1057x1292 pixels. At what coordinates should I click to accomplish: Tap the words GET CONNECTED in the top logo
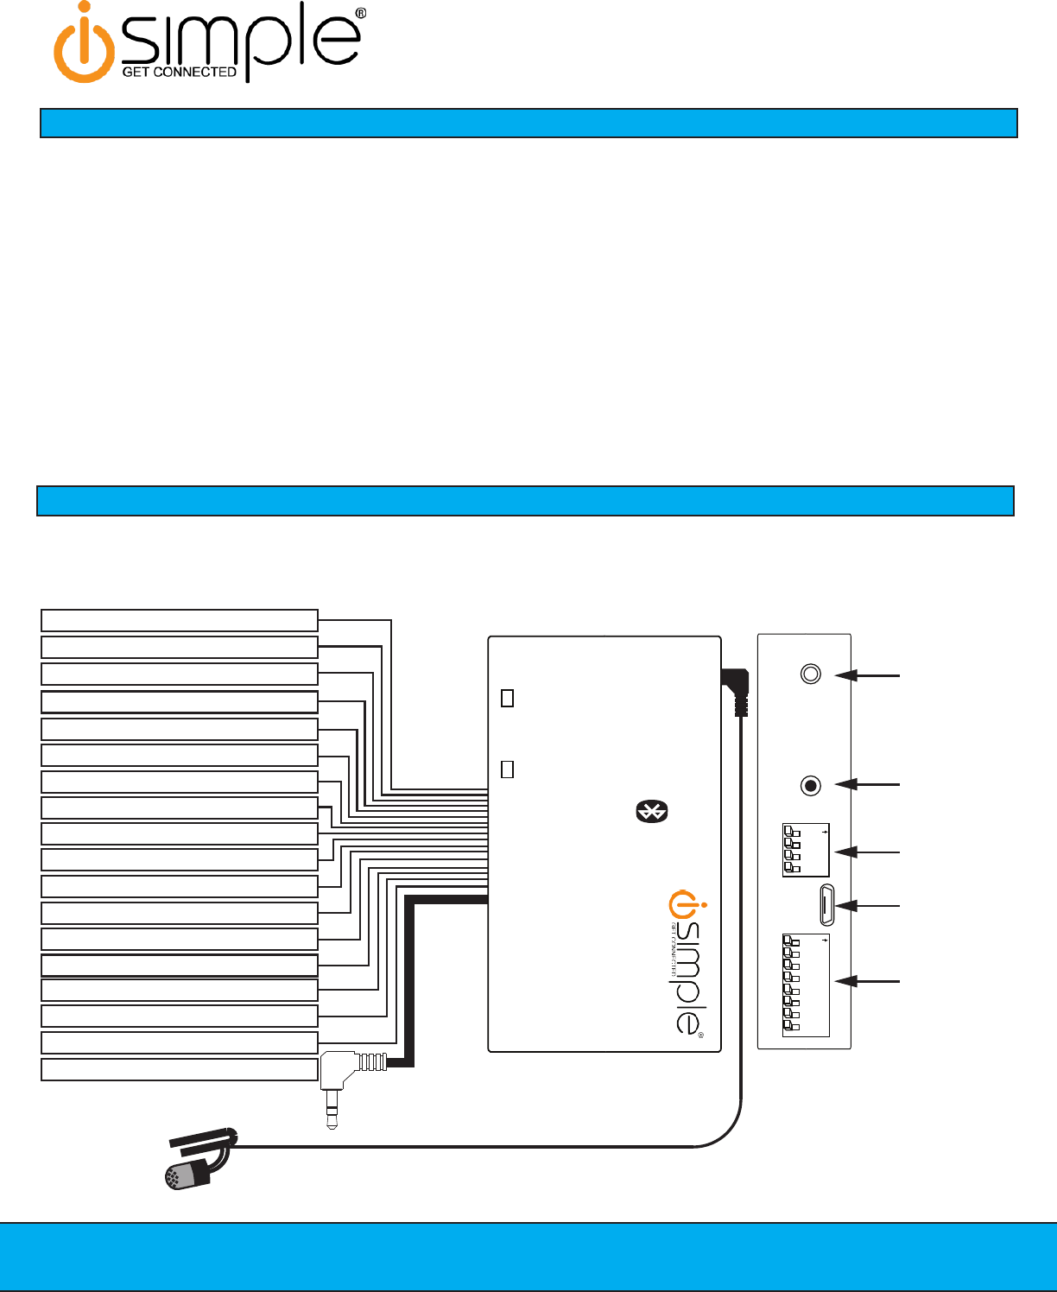click(x=179, y=73)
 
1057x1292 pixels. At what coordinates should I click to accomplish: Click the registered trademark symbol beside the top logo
click(x=360, y=14)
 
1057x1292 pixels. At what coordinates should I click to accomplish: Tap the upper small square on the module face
click(x=508, y=698)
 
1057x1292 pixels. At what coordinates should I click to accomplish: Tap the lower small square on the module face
click(x=508, y=769)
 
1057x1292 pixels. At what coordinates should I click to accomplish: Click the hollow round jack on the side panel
click(x=811, y=674)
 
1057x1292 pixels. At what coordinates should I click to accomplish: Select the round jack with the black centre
click(x=810, y=786)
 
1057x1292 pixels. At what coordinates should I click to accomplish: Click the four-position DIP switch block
click(x=805, y=851)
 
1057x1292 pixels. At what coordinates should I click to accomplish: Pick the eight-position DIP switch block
click(x=805, y=985)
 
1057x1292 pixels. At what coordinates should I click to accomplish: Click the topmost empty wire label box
click(x=180, y=620)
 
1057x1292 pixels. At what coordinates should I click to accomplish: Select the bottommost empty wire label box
click(x=180, y=1069)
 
